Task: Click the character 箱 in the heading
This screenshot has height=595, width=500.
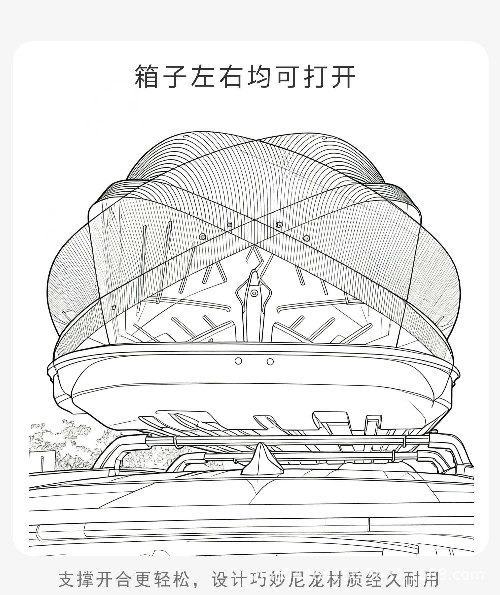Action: click(146, 77)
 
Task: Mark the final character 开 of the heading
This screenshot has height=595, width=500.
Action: click(344, 77)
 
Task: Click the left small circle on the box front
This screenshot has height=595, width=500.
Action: click(238, 361)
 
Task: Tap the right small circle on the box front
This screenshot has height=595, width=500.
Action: click(270, 361)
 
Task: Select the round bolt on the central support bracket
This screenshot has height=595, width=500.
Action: click(254, 293)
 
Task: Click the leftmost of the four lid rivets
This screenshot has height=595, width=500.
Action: click(202, 237)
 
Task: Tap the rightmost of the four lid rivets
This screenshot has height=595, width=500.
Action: click(307, 238)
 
